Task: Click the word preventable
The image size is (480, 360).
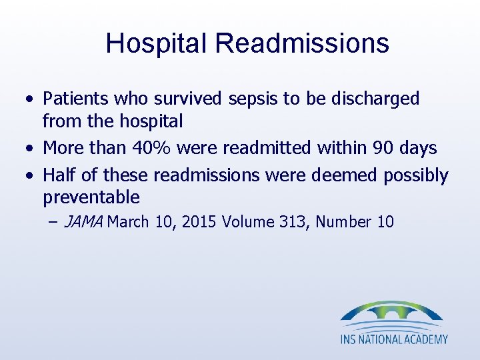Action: pos(91,197)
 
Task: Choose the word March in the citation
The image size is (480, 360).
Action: pos(127,222)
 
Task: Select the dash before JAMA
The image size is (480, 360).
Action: pos(53,222)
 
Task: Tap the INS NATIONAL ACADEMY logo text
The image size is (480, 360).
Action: pos(394,339)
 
